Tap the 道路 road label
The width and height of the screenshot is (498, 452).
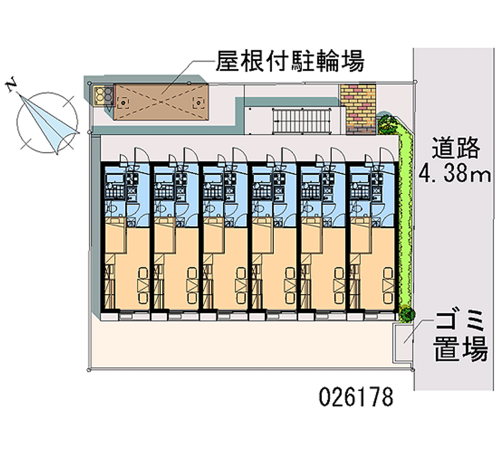pos(457,148)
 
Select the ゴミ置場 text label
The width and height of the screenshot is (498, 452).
pos(461,338)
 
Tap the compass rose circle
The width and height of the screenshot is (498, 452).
pos(48,120)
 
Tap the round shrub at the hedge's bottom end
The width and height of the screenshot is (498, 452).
pos(408,314)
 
